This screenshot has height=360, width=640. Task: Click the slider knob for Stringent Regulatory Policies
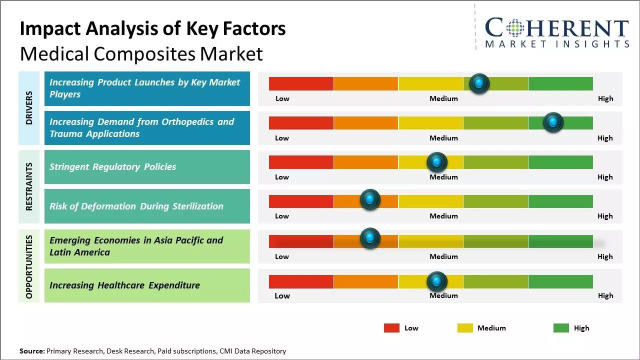coord(436,162)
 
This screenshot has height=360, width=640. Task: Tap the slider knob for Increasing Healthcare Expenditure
coord(436,281)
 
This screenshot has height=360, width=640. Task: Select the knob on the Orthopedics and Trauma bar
coord(553,122)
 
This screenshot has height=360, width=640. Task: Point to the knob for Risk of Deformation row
coord(370,199)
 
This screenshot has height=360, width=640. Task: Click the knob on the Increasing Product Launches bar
coord(479,83)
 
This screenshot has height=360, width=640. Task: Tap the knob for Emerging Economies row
coord(370,238)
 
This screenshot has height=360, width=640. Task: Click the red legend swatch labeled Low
coord(391,328)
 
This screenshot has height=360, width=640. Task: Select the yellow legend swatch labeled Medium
coord(465,328)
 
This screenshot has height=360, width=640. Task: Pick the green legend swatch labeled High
coord(561,328)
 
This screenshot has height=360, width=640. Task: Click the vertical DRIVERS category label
coord(29,107)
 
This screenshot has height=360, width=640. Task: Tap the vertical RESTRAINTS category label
coord(29,186)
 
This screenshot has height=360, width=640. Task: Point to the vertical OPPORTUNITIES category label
coord(29,266)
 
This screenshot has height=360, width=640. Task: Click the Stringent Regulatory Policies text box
coord(147,167)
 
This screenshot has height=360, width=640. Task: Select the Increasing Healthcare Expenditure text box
coord(147,285)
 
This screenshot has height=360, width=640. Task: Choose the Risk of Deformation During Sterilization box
coord(147,206)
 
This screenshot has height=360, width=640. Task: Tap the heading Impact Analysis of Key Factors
coord(152,28)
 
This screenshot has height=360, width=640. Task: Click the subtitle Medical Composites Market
coord(141,53)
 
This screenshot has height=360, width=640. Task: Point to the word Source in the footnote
coord(31,351)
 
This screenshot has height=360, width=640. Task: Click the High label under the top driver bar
coord(605,98)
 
